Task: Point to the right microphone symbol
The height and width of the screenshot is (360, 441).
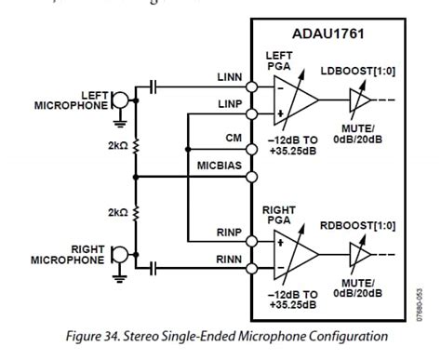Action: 119,254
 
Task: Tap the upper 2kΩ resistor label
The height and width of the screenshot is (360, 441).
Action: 118,147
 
